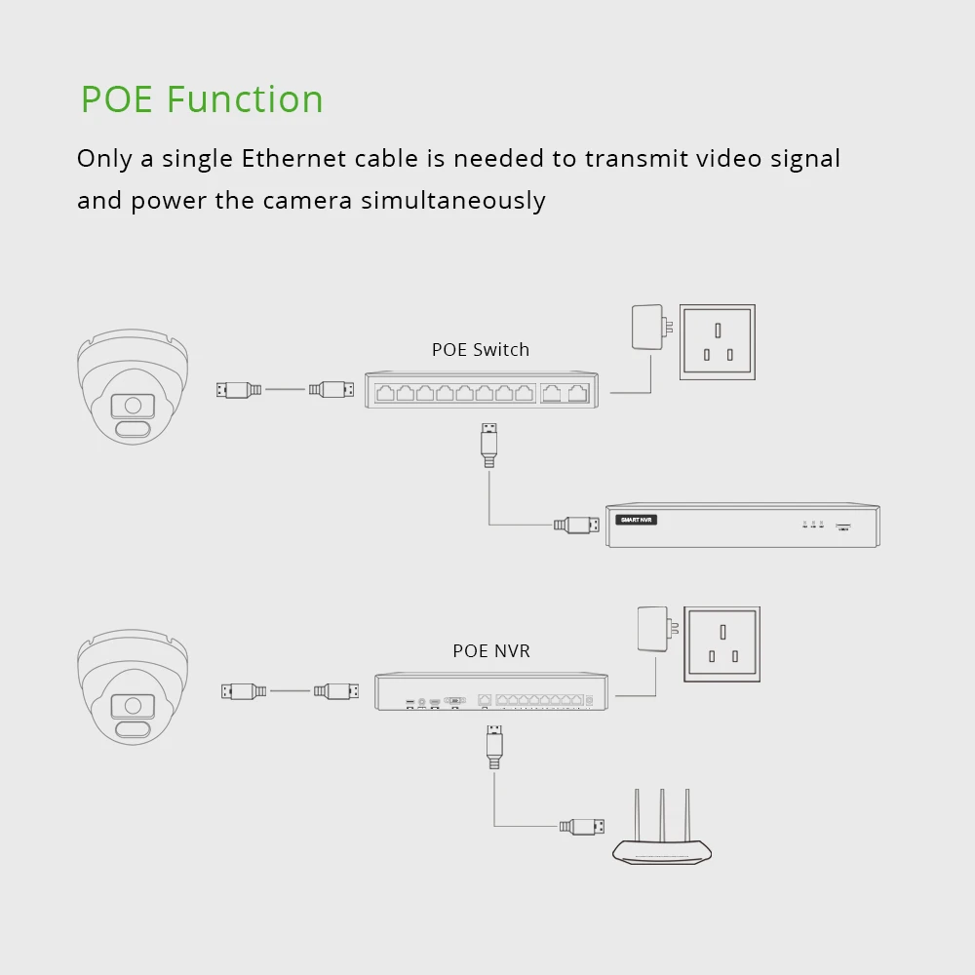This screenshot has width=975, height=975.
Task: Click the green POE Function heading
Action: (202, 99)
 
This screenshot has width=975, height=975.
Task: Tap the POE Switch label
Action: (481, 349)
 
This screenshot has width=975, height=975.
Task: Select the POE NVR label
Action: (491, 650)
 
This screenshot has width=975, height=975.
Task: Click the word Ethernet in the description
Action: (293, 158)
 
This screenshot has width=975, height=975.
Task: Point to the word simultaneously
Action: (453, 200)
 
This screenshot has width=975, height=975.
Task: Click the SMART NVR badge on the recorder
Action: (638, 520)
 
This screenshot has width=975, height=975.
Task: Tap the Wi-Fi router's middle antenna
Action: (662, 814)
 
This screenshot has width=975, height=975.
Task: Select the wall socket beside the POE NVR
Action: (722, 643)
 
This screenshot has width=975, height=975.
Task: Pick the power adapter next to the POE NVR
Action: (651, 629)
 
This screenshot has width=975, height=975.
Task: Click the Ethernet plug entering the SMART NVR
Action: (577, 525)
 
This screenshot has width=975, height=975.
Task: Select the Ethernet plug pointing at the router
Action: (583, 827)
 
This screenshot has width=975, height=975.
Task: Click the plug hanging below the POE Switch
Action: (489, 444)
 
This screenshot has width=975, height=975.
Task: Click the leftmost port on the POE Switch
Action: (384, 393)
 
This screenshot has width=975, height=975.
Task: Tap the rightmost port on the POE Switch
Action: (578, 393)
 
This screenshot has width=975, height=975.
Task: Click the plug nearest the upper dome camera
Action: (239, 390)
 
